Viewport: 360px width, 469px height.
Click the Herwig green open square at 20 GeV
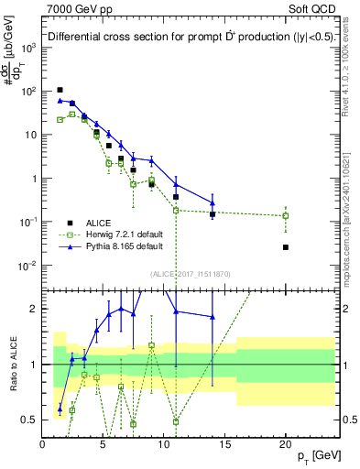click(x=286, y=216)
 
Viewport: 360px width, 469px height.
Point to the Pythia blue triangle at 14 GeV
click(x=213, y=203)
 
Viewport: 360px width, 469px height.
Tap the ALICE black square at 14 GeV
click(x=213, y=214)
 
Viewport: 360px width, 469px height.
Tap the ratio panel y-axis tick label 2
click(x=33, y=309)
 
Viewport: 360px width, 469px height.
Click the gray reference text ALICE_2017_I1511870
click(x=191, y=273)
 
